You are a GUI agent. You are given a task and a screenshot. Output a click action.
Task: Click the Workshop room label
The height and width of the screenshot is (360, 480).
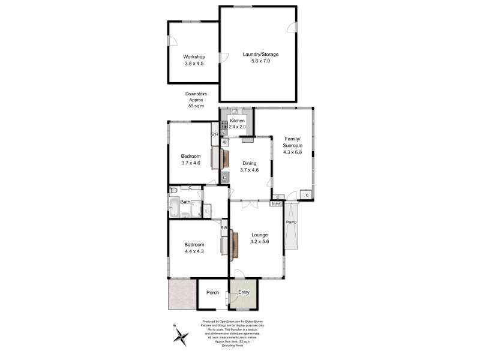pyautogui.click(x=194, y=57)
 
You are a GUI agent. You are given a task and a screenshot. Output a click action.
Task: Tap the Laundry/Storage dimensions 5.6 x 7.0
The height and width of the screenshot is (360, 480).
pyautogui.click(x=260, y=61)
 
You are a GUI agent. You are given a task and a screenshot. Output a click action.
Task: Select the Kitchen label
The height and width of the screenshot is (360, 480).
pyautogui.click(x=237, y=121)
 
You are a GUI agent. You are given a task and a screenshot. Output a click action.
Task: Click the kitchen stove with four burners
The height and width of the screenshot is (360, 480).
pyautogui.click(x=223, y=126)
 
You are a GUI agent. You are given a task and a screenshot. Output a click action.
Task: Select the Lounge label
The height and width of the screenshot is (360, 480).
pyautogui.click(x=259, y=235)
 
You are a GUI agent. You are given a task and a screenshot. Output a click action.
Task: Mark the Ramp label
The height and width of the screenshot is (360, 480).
pyautogui.click(x=291, y=223)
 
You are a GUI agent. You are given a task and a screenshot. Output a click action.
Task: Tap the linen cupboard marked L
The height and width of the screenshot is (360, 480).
pyautogui.click(x=206, y=210)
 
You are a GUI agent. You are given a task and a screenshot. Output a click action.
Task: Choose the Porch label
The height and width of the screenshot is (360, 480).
pyautogui.click(x=212, y=293)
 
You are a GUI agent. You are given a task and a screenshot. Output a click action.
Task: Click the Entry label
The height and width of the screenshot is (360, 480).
pyautogui.click(x=244, y=293)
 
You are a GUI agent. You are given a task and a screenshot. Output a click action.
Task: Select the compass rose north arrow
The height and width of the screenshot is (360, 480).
pyautogui.click(x=181, y=336)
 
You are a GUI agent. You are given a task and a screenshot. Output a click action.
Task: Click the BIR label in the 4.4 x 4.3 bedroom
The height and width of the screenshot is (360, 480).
pyautogui.click(x=224, y=228)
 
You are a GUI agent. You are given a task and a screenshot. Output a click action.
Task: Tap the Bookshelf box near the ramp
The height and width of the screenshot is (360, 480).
pyautogui.click(x=276, y=203)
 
